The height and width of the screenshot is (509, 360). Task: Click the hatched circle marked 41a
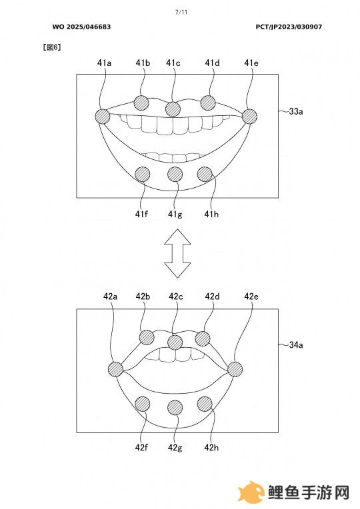click(x=103, y=116)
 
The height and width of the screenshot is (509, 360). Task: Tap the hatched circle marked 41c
click(x=173, y=109)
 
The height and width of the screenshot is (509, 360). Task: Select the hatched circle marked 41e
click(x=249, y=116)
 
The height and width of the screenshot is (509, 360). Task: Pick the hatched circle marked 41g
click(x=175, y=175)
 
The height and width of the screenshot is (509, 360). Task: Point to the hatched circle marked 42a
click(x=115, y=369)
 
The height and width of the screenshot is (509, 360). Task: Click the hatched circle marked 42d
click(x=203, y=339)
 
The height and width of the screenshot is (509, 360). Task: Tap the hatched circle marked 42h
click(x=205, y=404)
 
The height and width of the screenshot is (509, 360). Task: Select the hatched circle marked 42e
click(x=235, y=369)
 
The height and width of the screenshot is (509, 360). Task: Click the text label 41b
click(x=143, y=63)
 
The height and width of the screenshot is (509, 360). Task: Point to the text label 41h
click(x=211, y=215)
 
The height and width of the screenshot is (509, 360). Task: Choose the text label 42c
click(x=176, y=296)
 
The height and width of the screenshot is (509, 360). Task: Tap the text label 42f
click(x=141, y=448)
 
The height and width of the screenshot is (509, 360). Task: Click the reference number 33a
click(x=296, y=112)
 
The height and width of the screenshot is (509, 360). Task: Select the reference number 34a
click(x=296, y=344)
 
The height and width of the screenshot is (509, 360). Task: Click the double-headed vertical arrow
click(x=177, y=253)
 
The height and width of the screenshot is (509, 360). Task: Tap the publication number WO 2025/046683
click(x=81, y=27)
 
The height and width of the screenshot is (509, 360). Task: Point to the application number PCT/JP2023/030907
click(x=289, y=27)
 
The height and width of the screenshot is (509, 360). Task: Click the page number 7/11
click(x=181, y=13)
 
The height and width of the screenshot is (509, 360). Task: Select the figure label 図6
click(x=52, y=47)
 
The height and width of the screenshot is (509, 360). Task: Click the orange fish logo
click(x=251, y=492)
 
